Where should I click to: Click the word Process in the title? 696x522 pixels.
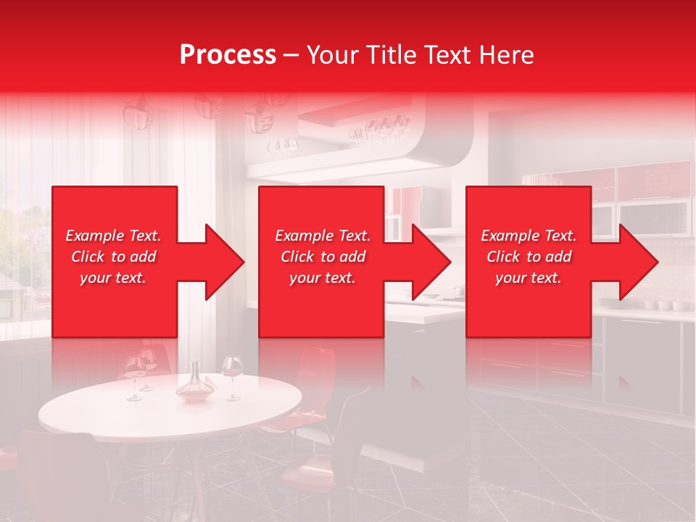(228, 54)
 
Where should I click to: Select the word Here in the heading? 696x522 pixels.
(507, 54)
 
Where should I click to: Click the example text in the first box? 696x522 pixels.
(113, 257)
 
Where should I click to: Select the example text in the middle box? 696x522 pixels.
(322, 257)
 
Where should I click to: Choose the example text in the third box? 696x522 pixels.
(529, 257)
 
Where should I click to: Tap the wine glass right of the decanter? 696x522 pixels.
(232, 375)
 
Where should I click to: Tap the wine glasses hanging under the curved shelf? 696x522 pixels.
(377, 129)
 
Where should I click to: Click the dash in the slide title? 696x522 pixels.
(291, 55)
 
